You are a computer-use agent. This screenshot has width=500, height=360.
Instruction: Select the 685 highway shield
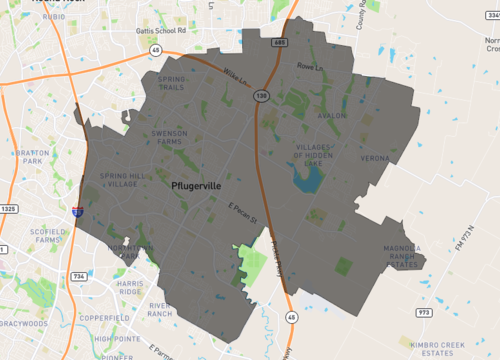pyautogui.click(x=280, y=43)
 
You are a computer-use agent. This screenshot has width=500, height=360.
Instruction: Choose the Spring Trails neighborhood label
pyautogui.click(x=171, y=83)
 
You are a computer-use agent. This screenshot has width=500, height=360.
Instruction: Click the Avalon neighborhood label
pyautogui.click(x=330, y=115)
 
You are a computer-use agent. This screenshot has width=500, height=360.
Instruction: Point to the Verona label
pyautogui.click(x=375, y=158)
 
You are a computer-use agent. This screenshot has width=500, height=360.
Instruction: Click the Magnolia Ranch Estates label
pyautogui.click(x=391, y=257)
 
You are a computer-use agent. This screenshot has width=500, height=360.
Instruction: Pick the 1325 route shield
pyautogui.click(x=9, y=208)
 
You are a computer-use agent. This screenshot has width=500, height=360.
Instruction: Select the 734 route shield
pyautogui.click(x=79, y=275)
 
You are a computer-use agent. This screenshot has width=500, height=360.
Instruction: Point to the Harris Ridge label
pyautogui.click(x=131, y=287)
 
